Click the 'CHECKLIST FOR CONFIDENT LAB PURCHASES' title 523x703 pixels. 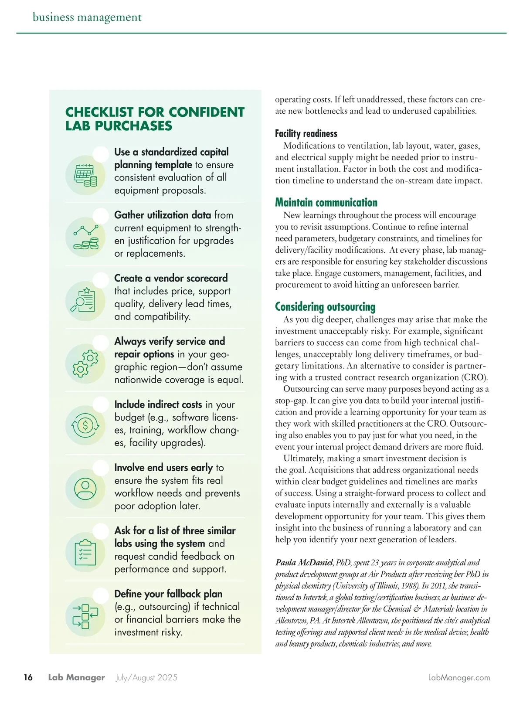[155, 119]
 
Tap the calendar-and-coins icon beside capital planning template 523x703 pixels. [85, 175]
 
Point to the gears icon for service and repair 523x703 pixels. [85, 363]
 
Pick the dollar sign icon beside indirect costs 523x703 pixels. [85, 426]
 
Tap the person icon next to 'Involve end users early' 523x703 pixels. [85, 489]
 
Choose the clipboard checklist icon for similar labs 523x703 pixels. [85, 552]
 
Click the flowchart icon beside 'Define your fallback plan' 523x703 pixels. [85, 616]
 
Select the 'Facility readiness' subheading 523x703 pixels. [306, 133]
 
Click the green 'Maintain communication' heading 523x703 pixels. [326, 202]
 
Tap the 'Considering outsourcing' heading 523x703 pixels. [325, 307]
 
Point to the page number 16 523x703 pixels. [28, 677]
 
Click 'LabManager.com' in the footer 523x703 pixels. [459, 678]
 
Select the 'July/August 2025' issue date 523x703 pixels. [146, 678]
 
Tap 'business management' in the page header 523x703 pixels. [87, 17]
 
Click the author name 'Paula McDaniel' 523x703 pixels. [304, 563]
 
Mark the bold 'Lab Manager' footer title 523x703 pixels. [77, 678]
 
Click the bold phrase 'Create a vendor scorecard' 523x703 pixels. [171, 278]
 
